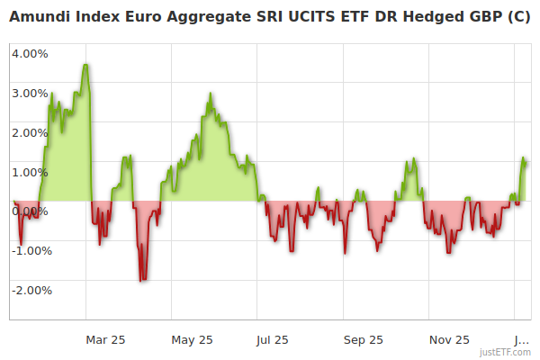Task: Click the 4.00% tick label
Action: click(30, 53)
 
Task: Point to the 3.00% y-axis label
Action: click(30, 93)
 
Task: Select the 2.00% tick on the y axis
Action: click(30, 132)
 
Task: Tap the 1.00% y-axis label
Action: click(30, 172)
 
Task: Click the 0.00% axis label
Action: click(30, 211)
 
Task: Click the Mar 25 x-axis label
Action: click(105, 340)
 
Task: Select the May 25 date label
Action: click(192, 340)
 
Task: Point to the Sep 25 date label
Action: click(363, 340)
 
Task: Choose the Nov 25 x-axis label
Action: click(448, 340)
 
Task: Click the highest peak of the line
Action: click(85, 65)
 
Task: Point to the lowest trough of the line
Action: click(141, 281)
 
